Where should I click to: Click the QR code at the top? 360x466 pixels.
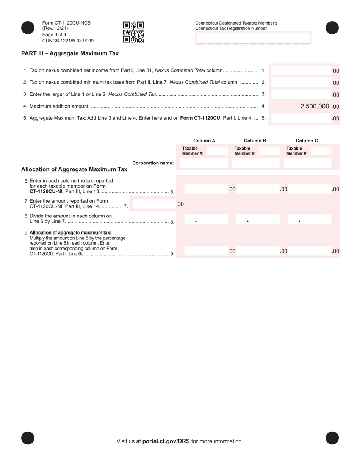[133, 32]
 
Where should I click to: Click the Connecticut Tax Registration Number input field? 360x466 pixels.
[253, 38]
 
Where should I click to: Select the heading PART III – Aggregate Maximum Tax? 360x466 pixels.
[70, 53]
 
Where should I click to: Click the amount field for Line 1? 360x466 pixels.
[301, 70]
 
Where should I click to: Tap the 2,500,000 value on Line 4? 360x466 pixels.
[315, 106]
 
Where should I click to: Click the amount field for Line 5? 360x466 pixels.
[301, 118]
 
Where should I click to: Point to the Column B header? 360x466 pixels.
[255, 141]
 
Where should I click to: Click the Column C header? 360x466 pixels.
[307, 141]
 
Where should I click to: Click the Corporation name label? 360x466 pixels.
[153, 163]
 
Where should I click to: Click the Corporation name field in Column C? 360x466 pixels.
[307, 163]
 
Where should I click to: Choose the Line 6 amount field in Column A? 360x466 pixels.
[205, 189]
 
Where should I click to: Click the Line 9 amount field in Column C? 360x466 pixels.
[309, 251]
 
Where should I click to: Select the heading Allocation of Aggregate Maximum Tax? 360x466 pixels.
[74, 169]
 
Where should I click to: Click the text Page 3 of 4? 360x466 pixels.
[54, 34]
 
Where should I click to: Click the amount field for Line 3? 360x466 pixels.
[301, 94]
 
